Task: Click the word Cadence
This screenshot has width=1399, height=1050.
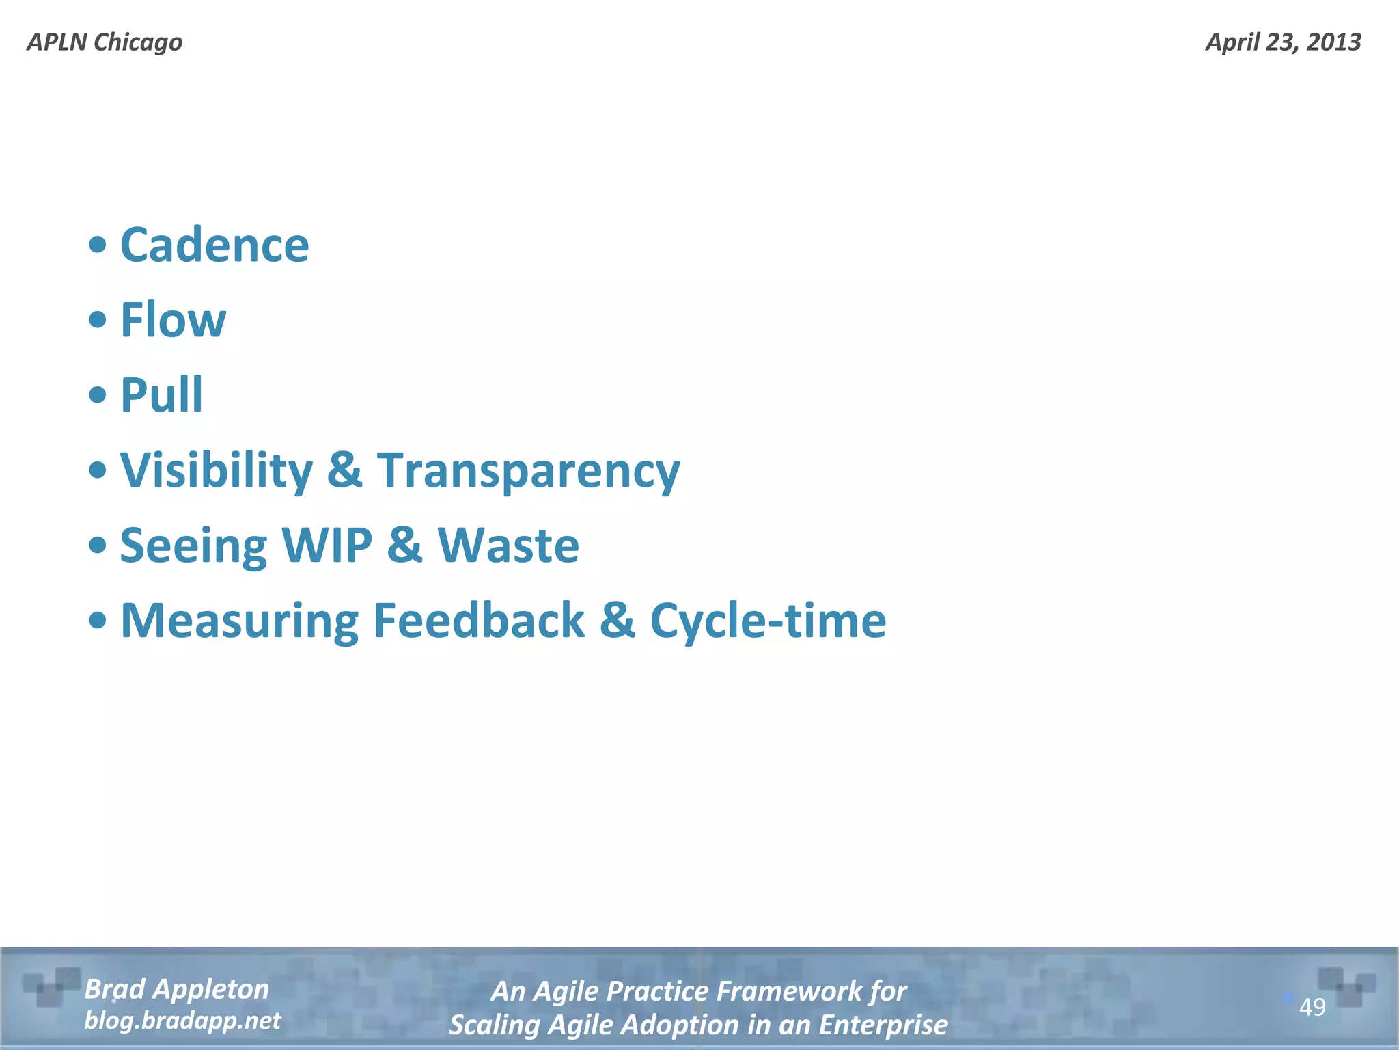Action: (214, 245)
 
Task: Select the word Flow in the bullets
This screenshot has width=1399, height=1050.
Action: (173, 320)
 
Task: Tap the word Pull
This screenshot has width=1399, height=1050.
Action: (161, 395)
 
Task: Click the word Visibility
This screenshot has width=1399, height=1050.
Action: (217, 470)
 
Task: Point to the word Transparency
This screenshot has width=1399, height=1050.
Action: (529, 470)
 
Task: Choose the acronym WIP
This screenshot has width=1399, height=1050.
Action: (327, 546)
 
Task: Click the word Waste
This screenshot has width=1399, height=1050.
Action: (508, 546)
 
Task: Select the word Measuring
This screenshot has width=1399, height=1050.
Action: (239, 621)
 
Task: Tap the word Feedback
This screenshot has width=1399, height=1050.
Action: (479, 621)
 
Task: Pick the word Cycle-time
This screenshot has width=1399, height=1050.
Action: (768, 621)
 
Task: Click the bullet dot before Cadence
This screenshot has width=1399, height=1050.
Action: (98, 245)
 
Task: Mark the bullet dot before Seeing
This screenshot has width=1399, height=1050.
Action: (98, 545)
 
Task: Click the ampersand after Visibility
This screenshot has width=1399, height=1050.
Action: (345, 470)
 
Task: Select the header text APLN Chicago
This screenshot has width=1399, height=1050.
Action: (105, 42)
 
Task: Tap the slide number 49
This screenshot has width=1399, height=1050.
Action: (1312, 1007)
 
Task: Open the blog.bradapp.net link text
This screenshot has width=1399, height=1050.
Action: (182, 1021)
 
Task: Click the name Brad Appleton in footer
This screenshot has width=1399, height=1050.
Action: (177, 989)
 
